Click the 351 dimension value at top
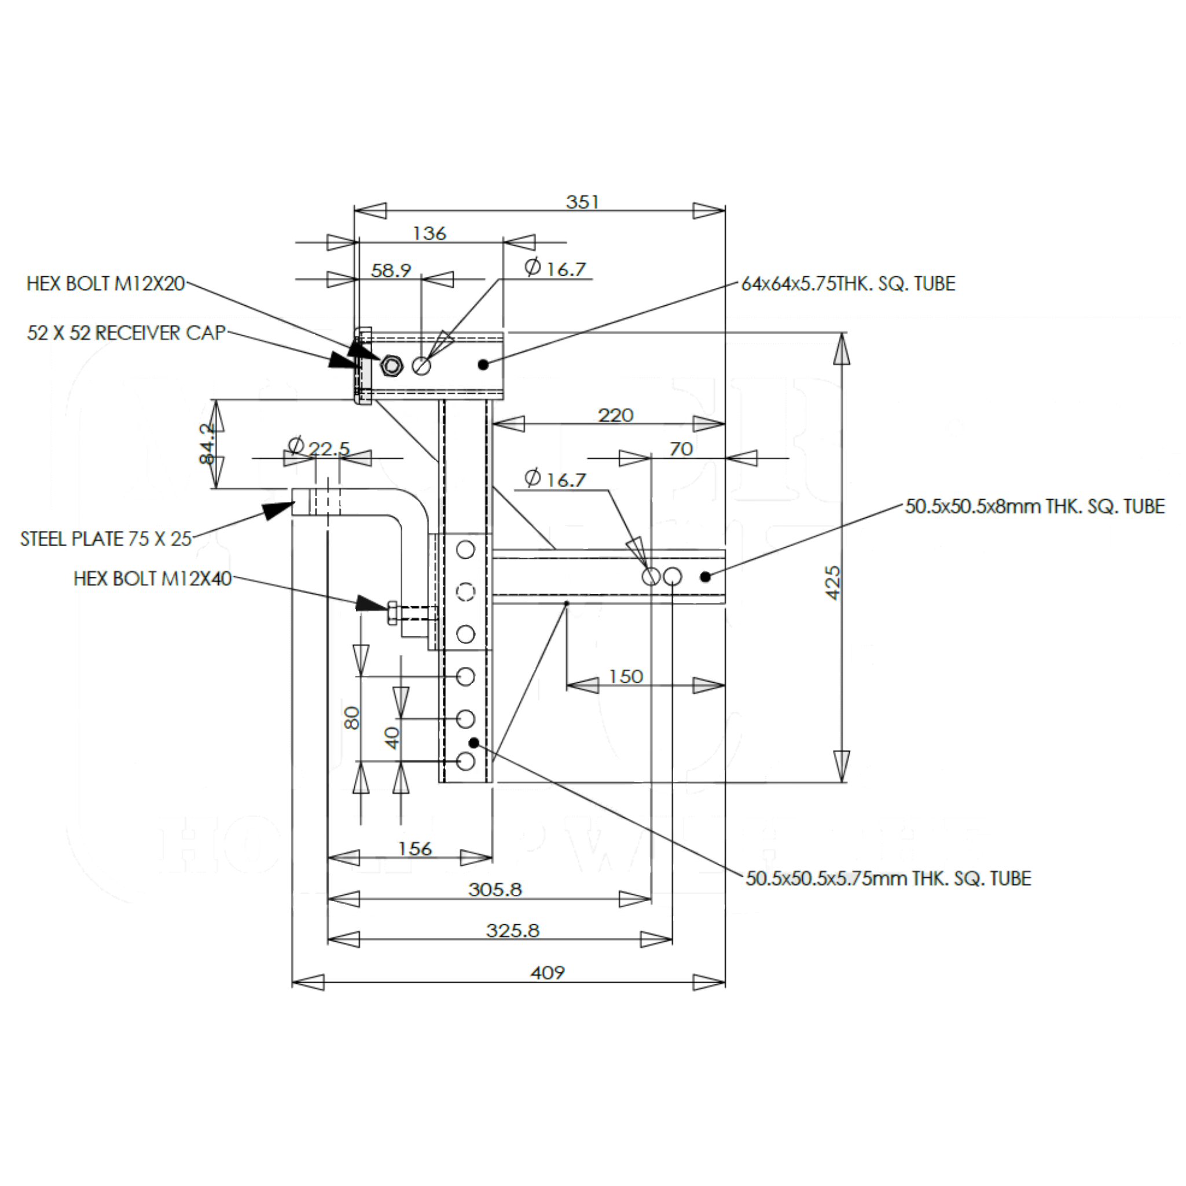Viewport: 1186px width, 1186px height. click(x=581, y=202)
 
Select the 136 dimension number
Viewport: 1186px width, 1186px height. click(x=429, y=233)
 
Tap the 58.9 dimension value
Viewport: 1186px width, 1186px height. click(x=391, y=270)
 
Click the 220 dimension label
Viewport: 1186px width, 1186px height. click(x=615, y=416)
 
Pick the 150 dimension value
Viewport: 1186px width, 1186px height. click(x=626, y=676)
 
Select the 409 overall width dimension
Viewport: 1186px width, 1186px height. click(x=546, y=973)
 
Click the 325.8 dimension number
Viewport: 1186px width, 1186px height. click(x=513, y=931)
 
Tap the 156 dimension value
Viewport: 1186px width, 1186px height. click(x=415, y=849)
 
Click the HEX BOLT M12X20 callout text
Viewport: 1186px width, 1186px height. click(x=105, y=284)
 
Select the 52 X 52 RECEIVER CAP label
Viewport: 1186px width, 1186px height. click(x=126, y=333)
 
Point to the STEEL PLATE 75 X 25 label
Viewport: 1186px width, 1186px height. click(x=105, y=539)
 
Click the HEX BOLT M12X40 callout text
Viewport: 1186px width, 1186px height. click(x=152, y=579)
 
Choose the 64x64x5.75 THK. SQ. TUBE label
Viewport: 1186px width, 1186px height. click(x=849, y=284)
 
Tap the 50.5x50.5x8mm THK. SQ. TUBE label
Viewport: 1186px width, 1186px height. click(x=1034, y=507)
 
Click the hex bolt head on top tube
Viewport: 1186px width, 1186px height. click(x=391, y=366)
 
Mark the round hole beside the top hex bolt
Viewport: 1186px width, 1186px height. click(x=422, y=366)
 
